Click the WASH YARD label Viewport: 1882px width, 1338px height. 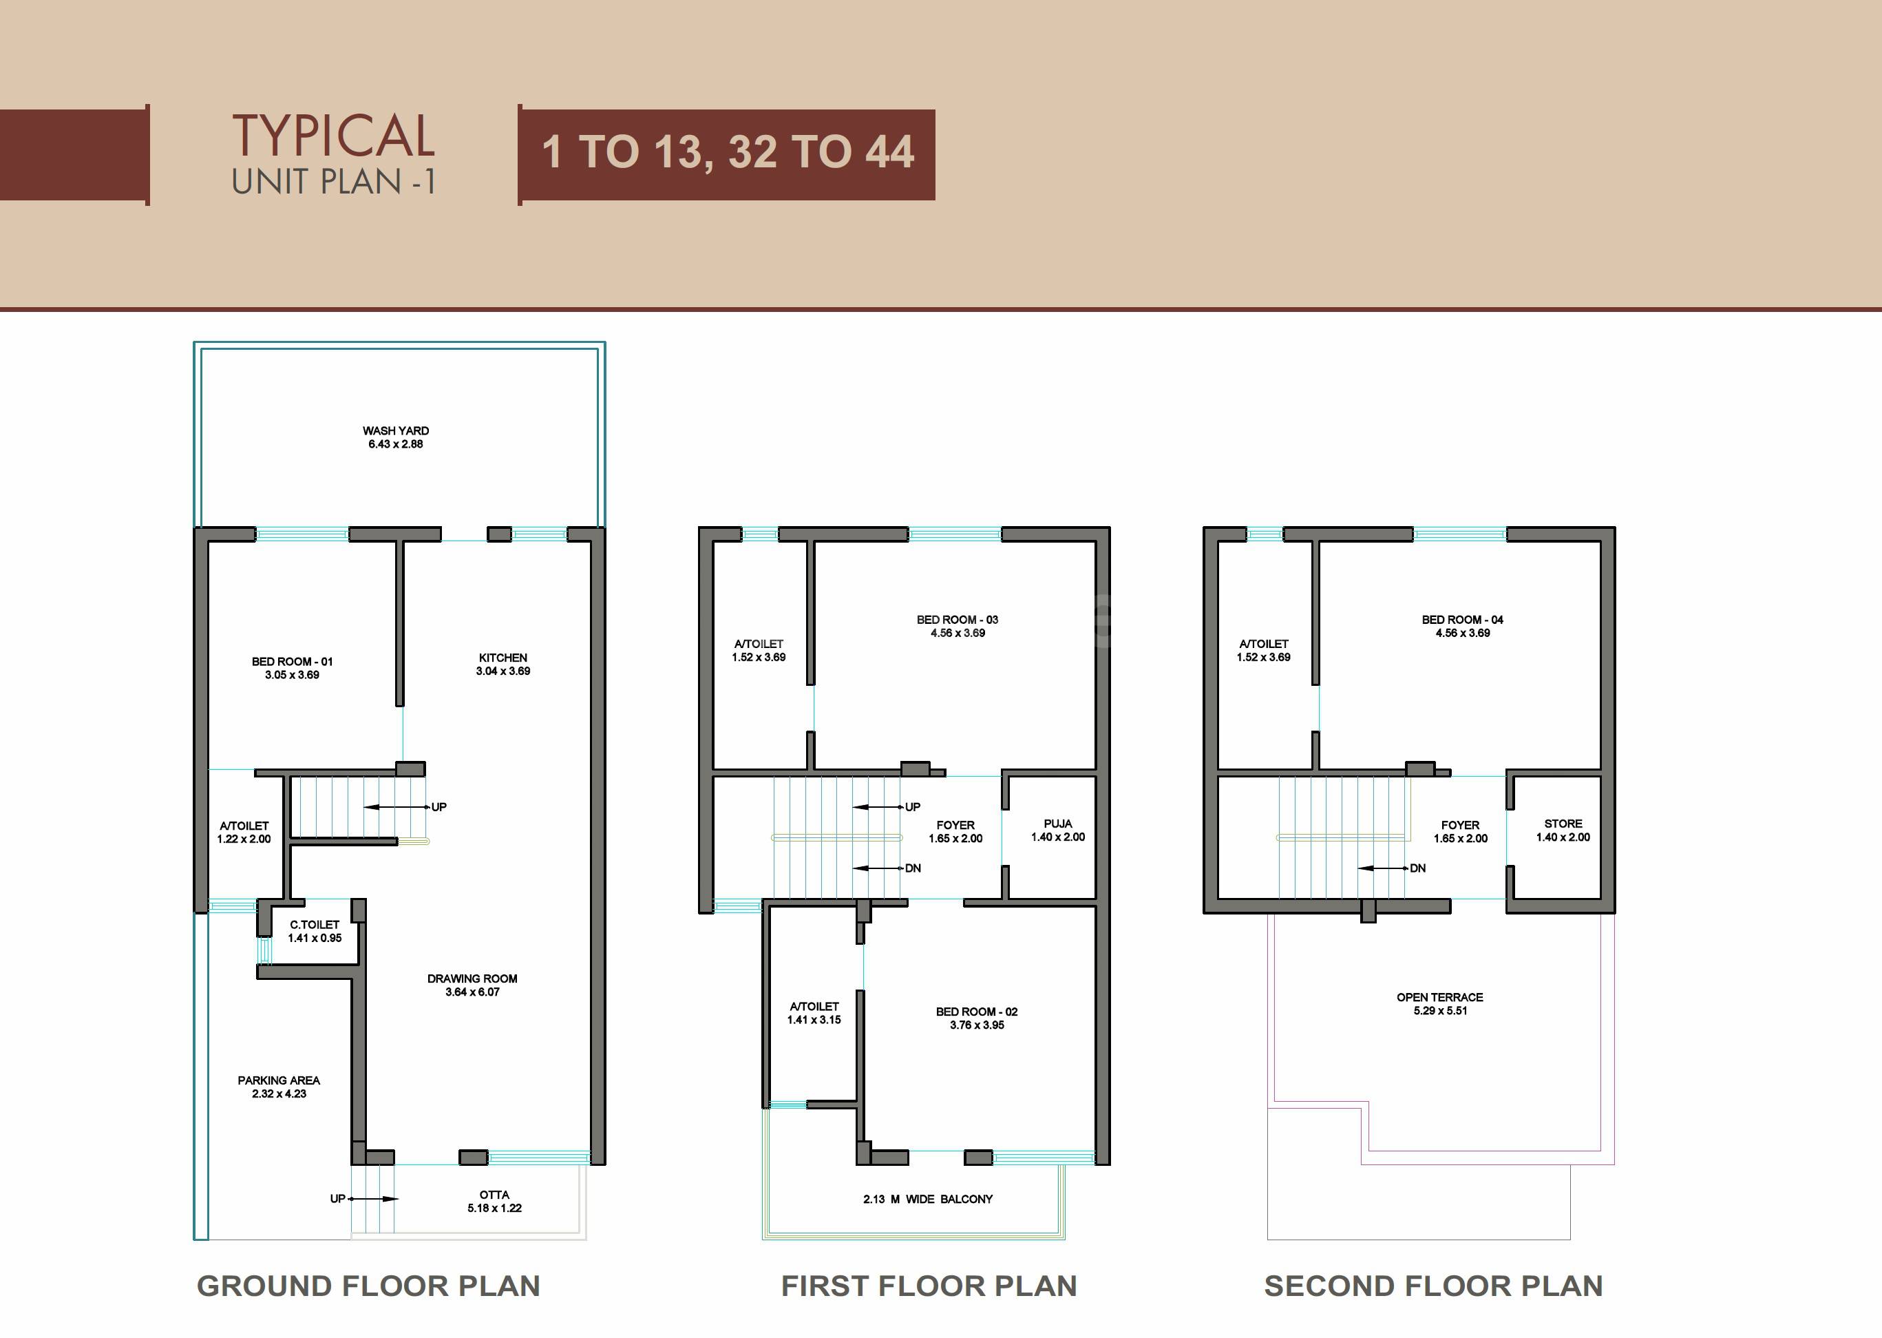[x=395, y=431]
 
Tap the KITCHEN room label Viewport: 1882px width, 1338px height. [x=503, y=658]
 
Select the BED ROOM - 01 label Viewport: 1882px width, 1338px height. [x=293, y=662]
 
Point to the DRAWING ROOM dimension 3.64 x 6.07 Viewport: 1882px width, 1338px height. [x=472, y=992]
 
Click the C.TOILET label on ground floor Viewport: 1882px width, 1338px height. [x=315, y=924]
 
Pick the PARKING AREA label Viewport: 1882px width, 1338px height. [x=278, y=1080]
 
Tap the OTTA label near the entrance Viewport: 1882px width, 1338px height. [x=494, y=1195]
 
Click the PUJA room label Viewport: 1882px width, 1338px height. [x=1057, y=823]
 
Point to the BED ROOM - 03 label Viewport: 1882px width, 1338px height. [x=957, y=620]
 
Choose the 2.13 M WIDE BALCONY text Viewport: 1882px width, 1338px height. [x=927, y=1199]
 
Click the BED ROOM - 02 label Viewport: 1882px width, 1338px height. [x=976, y=1012]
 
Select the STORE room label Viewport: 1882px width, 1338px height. [x=1563, y=823]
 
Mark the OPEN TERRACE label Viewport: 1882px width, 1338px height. [x=1439, y=997]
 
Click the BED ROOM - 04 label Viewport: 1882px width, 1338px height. [x=1462, y=620]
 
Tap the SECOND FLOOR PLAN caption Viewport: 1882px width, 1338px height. [x=1433, y=1285]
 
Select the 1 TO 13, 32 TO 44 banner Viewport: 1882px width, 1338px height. [x=728, y=154]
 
